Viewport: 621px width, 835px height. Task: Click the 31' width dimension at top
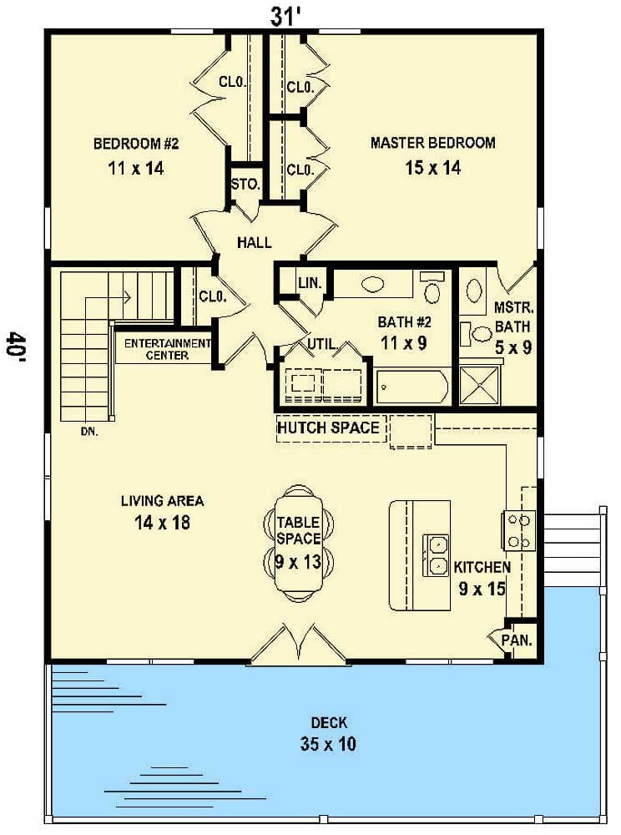tap(285, 15)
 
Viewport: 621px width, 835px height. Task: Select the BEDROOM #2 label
tap(136, 144)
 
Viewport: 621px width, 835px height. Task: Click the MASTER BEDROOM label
tap(432, 143)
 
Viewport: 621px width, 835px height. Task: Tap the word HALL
tap(255, 243)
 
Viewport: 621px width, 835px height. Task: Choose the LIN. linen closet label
tap(305, 284)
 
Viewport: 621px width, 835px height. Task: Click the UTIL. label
tap(323, 343)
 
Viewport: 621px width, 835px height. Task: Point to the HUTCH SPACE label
tap(328, 428)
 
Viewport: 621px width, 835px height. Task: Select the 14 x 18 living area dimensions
tap(162, 524)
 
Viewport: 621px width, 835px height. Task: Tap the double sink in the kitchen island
tap(436, 556)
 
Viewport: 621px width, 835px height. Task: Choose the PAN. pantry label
tap(517, 640)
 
